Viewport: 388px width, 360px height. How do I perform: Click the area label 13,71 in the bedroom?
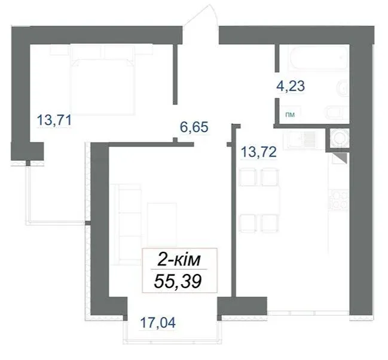pos(54,121)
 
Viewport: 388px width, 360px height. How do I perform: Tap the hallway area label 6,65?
pos(194,127)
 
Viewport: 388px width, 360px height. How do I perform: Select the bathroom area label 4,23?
pos(291,86)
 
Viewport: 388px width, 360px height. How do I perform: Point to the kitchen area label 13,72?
pos(259,152)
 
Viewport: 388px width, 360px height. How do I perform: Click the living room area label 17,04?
pos(158,322)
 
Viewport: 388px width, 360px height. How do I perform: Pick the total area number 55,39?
pos(178,282)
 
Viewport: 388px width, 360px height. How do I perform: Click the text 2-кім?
pos(179,260)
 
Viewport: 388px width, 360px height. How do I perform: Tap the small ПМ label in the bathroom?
pos(290,115)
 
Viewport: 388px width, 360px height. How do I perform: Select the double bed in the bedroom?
pos(103,79)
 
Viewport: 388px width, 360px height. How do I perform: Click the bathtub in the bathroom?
pos(317,57)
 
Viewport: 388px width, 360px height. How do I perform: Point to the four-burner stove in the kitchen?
pos(338,199)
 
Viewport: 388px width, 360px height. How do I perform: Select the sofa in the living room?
pos(126,222)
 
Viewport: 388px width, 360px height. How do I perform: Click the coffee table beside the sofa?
pos(163,224)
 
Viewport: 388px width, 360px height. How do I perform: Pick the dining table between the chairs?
pos(259,200)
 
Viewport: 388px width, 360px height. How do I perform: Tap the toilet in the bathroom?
pos(337,112)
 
